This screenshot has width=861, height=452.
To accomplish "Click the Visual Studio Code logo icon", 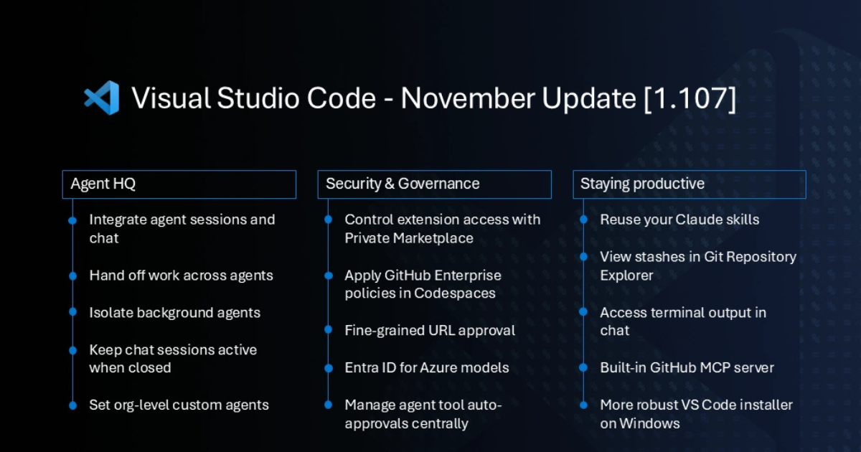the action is pos(101,98).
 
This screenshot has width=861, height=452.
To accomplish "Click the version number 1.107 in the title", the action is pos(690,98).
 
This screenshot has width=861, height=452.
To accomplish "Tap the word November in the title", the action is pos(468,98).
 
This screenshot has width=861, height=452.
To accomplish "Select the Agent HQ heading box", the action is pos(179,184).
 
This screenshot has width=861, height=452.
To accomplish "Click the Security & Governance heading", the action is pos(403,184).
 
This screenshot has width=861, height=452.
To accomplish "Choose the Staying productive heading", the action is pos(642,184).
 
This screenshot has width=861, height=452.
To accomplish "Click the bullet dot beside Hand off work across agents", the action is pos(72,276).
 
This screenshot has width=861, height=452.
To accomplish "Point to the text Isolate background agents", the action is pos(174,313).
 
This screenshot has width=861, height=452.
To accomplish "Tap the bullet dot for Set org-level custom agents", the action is pos(72,405).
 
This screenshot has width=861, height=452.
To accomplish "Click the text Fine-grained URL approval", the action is pos(430,331).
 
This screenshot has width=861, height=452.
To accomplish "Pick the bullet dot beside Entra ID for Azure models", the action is pos(329,368).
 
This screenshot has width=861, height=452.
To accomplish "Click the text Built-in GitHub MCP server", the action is pos(687,368).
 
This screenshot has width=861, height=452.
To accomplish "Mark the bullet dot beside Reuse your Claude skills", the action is pos(583,220).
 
